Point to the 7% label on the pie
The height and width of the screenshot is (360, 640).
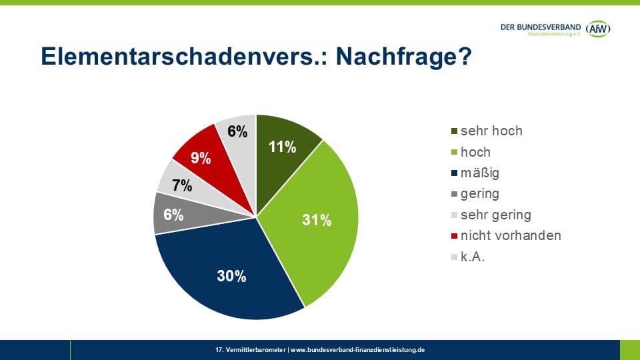pyautogui.click(x=181, y=186)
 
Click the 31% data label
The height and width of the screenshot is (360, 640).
pyautogui.click(x=317, y=221)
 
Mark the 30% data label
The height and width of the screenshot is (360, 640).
pyautogui.click(x=231, y=276)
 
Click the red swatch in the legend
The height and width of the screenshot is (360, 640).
pyautogui.click(x=455, y=236)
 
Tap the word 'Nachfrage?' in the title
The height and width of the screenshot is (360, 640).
pyautogui.click(x=404, y=57)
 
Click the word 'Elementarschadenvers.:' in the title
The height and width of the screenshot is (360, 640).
pyautogui.click(x=183, y=57)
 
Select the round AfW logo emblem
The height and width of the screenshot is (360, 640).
pyautogui.click(x=598, y=29)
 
